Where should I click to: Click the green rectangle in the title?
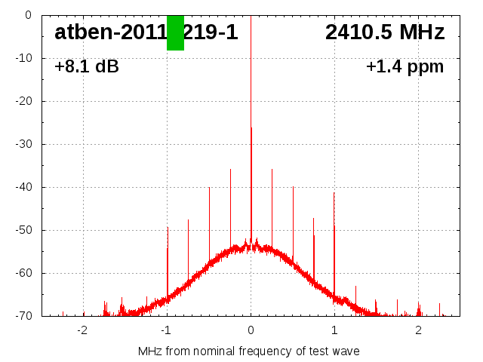(175, 32)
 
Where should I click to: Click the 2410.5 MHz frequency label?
(385, 32)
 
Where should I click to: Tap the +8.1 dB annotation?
(87, 66)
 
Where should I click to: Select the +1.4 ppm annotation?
(405, 66)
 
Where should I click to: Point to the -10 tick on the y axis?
(23, 58)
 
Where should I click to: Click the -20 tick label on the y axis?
(23, 101)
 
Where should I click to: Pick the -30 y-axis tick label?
(23, 144)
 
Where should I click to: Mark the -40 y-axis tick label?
(23, 187)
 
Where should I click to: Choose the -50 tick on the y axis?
(23, 230)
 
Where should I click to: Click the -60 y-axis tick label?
(23, 273)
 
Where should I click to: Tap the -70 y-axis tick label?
(23, 316)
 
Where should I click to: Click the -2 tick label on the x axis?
(82, 330)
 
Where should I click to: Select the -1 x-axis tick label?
(165, 330)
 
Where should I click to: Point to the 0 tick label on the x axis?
(251, 330)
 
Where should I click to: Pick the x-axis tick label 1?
(334, 330)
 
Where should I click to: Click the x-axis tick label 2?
(418, 330)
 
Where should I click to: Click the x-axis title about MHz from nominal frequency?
(249, 351)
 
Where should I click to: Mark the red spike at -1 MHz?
(168, 256)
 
